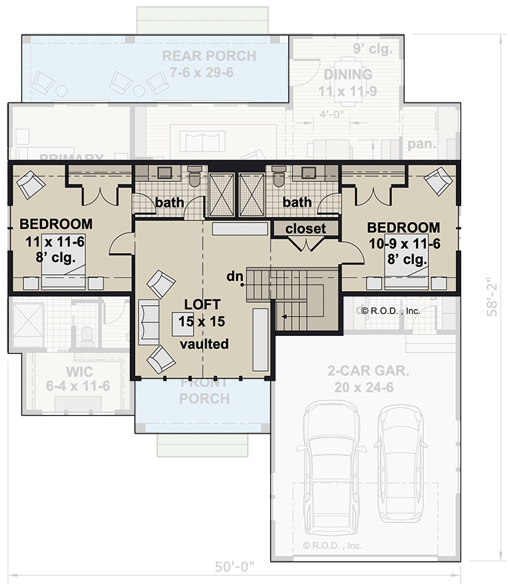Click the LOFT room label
pyautogui.click(x=202, y=304)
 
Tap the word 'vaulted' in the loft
pyautogui.click(x=204, y=344)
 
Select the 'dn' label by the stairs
pyautogui.click(x=235, y=276)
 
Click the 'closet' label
pyautogui.click(x=305, y=228)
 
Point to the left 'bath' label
pyautogui.click(x=169, y=203)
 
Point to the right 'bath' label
pyautogui.click(x=297, y=203)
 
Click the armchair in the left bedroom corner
pyautogui.click(x=30, y=183)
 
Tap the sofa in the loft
pyautogui.click(x=148, y=322)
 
